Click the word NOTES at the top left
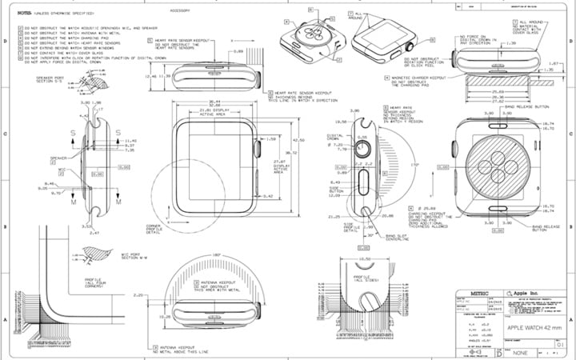pyautogui.click(x=14, y=13)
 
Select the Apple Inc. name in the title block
pyautogui.click(x=528, y=294)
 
